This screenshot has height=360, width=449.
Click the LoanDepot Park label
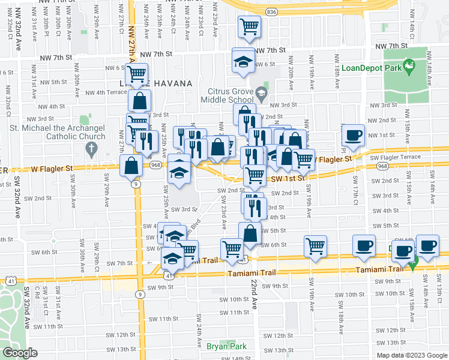pyautogui.click(x=376, y=68)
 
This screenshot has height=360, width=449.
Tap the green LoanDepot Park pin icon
pyautogui.click(x=409, y=66)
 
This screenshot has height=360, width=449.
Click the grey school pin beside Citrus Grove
pyautogui.click(x=261, y=93)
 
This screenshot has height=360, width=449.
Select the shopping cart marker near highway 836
pyautogui.click(x=249, y=26)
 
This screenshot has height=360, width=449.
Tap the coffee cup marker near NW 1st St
pyautogui.click(x=353, y=134)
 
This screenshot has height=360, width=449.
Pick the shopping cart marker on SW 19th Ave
pyautogui.click(x=315, y=245)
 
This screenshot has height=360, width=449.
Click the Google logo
pyautogui.click(x=20, y=353)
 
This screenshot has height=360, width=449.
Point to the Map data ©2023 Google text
pyautogui.click(x=412, y=355)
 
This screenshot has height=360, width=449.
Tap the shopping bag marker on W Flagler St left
pyautogui.click(x=130, y=166)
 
